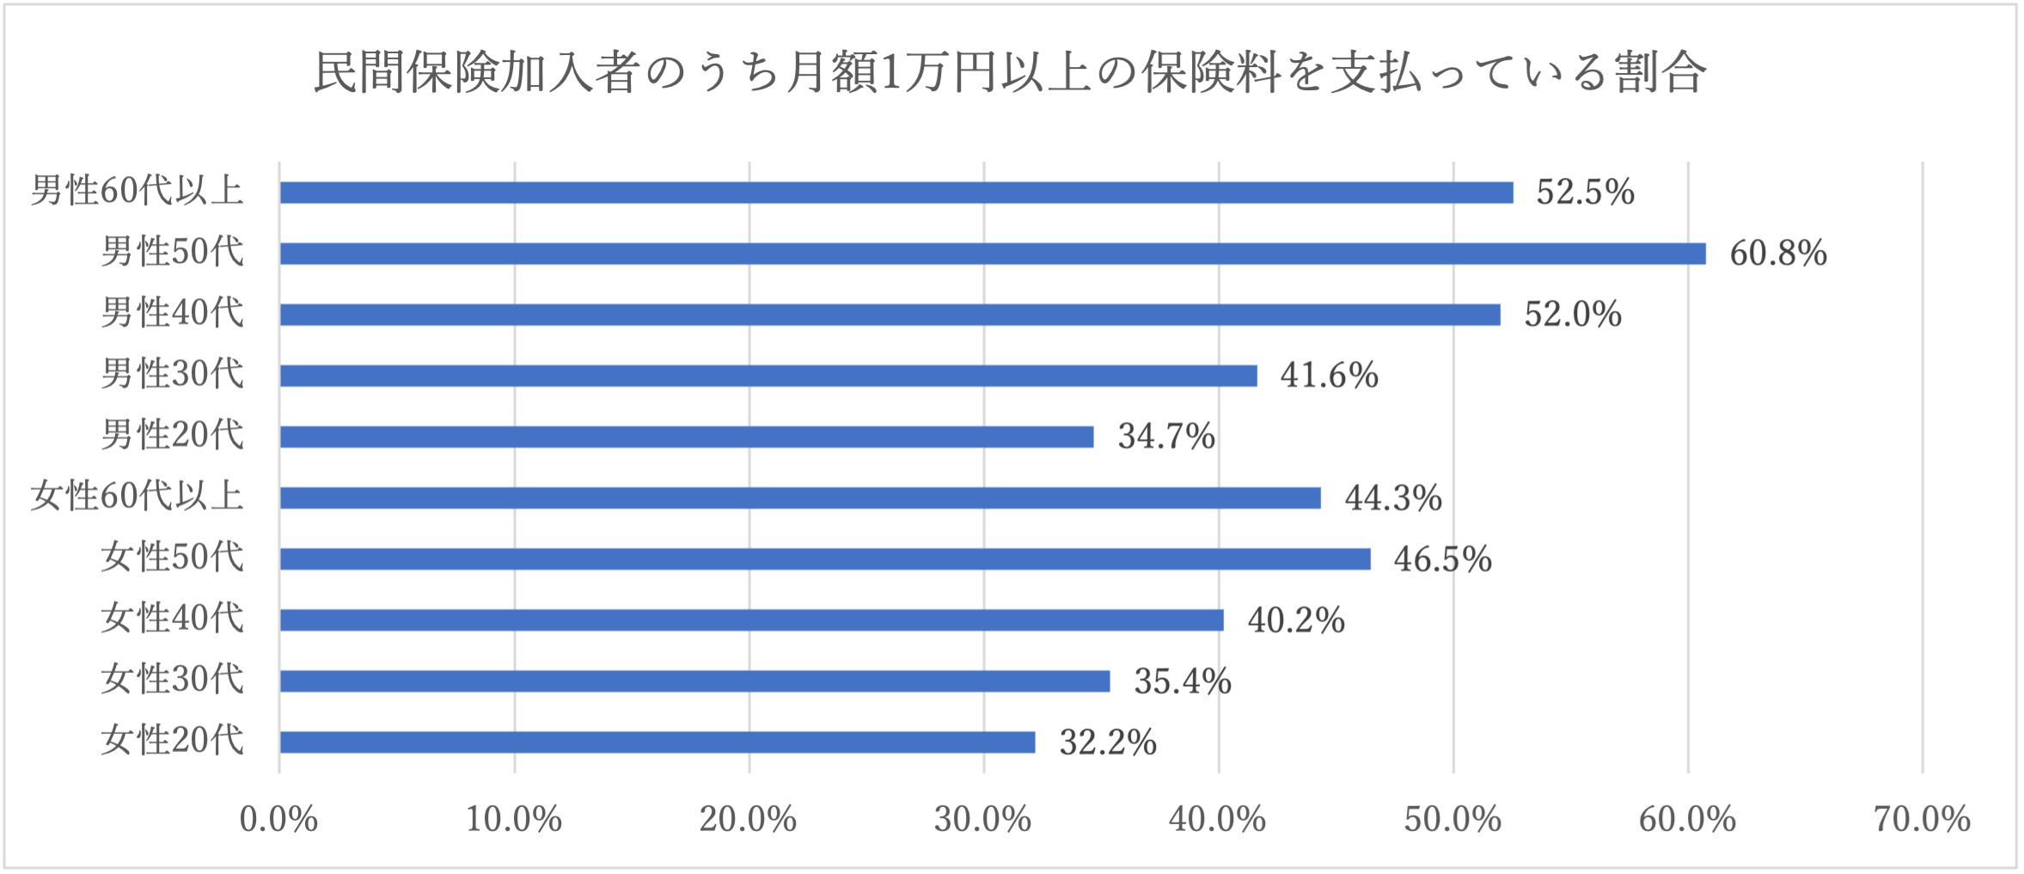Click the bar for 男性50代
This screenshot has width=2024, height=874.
(993, 254)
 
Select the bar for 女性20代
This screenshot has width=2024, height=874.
(657, 742)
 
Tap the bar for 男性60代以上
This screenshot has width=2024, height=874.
(896, 193)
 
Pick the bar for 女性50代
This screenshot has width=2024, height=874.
(825, 559)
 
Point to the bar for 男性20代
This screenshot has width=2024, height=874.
(687, 437)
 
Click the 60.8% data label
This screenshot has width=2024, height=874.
(1778, 254)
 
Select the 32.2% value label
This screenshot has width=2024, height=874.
(1108, 743)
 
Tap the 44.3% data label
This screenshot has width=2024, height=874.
(1393, 498)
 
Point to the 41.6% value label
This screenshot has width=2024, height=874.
(1330, 376)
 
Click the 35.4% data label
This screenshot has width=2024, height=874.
(1183, 681)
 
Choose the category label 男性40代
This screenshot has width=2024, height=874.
(173, 313)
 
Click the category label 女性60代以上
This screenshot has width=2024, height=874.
(138, 497)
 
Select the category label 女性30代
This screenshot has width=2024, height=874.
(173, 680)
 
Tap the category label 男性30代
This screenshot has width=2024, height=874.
(173, 374)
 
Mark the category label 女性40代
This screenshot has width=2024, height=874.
(173, 619)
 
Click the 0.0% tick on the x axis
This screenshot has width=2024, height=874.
(278, 820)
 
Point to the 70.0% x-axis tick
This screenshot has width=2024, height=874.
(1923, 820)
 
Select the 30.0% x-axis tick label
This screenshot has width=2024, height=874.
(983, 820)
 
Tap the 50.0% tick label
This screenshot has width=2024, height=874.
(1453, 820)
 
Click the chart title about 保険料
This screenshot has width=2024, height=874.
(1010, 72)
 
